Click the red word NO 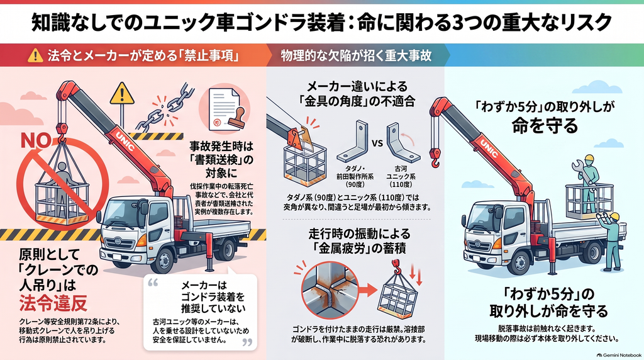36,140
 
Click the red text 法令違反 53,303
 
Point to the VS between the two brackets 377,143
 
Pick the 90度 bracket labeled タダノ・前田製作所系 352,142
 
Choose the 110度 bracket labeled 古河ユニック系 402,142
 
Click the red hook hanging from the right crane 435,158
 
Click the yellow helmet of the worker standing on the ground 614,216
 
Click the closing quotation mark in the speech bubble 247,342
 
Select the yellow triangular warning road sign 122,94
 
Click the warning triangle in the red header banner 35,55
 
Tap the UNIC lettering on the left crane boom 125,140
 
